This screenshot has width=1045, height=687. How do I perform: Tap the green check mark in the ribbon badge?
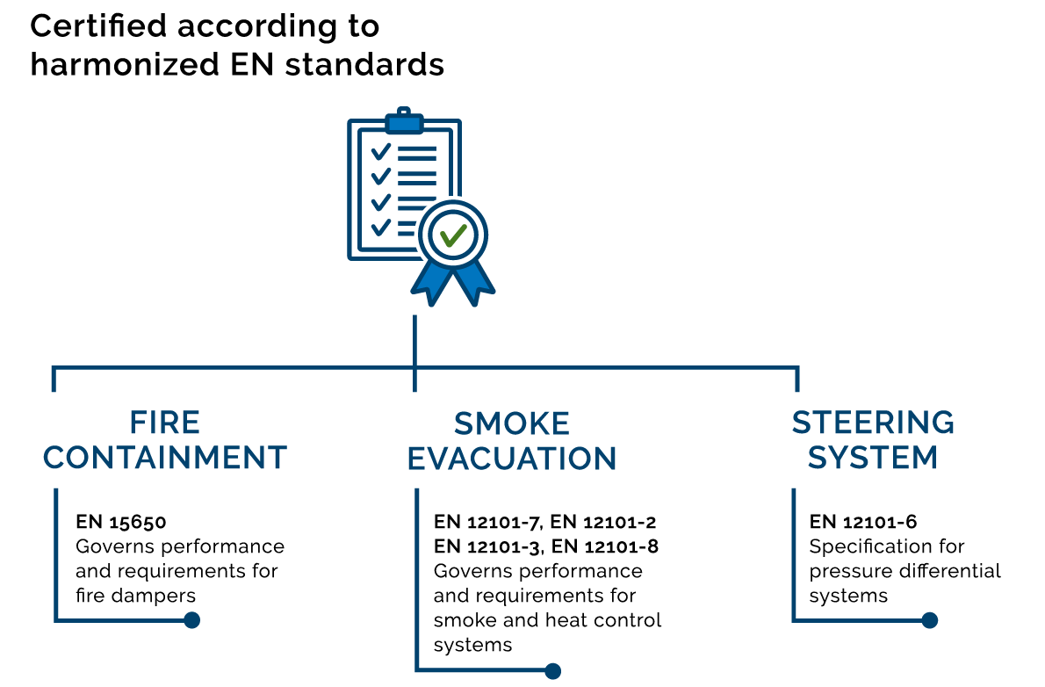[x=453, y=235]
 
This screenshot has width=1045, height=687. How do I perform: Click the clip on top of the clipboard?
[x=404, y=119]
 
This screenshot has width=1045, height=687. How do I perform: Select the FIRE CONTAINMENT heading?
[x=165, y=440]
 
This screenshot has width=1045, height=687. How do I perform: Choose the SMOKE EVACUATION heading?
[x=512, y=441]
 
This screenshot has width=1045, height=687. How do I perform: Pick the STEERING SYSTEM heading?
[x=873, y=440]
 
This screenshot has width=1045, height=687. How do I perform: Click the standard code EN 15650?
[x=120, y=522]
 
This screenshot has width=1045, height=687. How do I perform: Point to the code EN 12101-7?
[x=487, y=522]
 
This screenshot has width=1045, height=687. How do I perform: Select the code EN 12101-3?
[x=487, y=546]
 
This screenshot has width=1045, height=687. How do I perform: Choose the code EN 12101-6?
[x=863, y=522]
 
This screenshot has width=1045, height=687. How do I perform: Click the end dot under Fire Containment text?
[x=191, y=620]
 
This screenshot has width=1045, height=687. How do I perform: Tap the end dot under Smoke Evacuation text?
[x=552, y=671]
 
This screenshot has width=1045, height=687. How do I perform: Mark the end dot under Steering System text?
[x=930, y=620]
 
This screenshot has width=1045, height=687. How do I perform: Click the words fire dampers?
[x=135, y=596]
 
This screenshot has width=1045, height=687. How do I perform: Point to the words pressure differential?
[x=904, y=571]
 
